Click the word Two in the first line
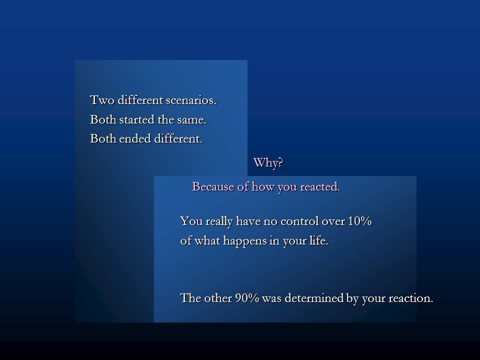tap(102, 100)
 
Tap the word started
tap(137, 119)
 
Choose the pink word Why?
tap(268, 162)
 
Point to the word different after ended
tap(178, 138)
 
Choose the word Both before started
tap(103, 119)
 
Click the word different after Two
tap(140, 100)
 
